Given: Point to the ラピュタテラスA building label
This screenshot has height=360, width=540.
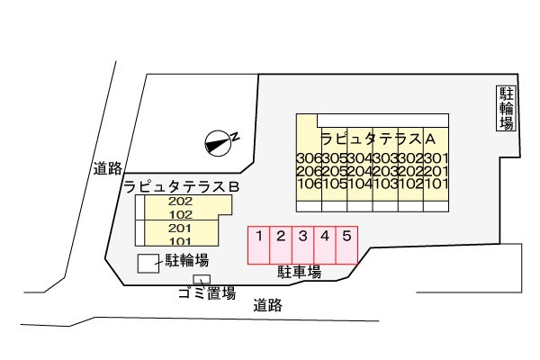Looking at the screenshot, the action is [x=378, y=139].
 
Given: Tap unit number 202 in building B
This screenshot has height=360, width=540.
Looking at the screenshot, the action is [x=181, y=202].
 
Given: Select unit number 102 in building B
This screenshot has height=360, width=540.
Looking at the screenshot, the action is [x=181, y=215].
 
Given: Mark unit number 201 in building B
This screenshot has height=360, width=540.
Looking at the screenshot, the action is [x=181, y=229].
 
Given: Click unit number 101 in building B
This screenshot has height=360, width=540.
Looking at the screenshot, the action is [x=181, y=240].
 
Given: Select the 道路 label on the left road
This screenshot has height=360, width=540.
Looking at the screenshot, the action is [x=107, y=167].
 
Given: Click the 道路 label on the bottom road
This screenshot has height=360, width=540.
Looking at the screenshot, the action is [x=267, y=305].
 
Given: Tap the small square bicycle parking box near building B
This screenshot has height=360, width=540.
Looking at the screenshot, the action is [x=146, y=263].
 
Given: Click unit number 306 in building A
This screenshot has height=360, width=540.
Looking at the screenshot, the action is [x=308, y=158].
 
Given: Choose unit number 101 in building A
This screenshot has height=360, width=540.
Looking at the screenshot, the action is [x=436, y=184].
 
